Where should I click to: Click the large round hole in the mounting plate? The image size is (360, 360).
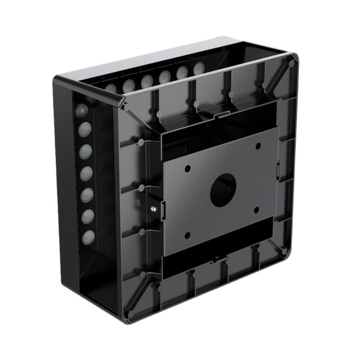(x=224, y=189)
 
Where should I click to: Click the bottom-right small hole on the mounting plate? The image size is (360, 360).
(x=256, y=210)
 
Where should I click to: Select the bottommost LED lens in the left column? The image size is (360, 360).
(x=88, y=236)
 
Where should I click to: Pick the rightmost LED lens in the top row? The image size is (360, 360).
(x=198, y=68)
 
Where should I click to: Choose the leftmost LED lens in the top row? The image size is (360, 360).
(x=111, y=88)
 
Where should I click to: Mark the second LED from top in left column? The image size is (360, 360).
(x=84, y=131)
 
